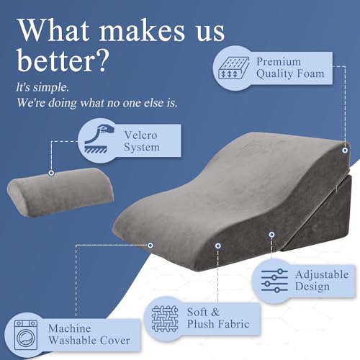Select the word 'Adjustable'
click(x=321, y=274)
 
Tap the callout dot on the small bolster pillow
click(x=51, y=173)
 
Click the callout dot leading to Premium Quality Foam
click(x=346, y=150)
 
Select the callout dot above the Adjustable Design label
click(x=271, y=234)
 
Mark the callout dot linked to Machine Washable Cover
click(x=150, y=245)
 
